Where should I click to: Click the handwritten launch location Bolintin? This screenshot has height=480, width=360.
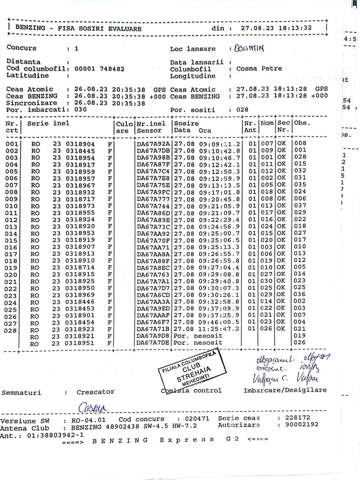pyautogui.click(x=251, y=48)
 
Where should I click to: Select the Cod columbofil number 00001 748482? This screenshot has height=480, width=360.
pyautogui.click(x=99, y=69)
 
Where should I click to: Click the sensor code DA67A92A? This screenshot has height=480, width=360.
pyautogui.click(x=153, y=144)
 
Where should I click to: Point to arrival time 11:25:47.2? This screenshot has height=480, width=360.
pyautogui.click(x=219, y=329)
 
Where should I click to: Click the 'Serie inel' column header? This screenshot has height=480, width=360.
pyautogui.click(x=48, y=124)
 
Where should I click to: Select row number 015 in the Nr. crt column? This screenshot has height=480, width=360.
pyautogui.click(x=11, y=241)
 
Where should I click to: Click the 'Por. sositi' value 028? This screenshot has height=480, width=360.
pyautogui.click(x=242, y=110)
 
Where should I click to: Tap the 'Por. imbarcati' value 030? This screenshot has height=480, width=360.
pyautogui.click(x=81, y=110)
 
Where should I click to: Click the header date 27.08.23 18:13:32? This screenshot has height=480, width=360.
pyautogui.click(x=276, y=28)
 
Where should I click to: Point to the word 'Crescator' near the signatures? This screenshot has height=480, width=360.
pyautogui.click(x=95, y=392)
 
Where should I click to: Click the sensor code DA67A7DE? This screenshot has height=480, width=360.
pyautogui.click(x=153, y=343)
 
